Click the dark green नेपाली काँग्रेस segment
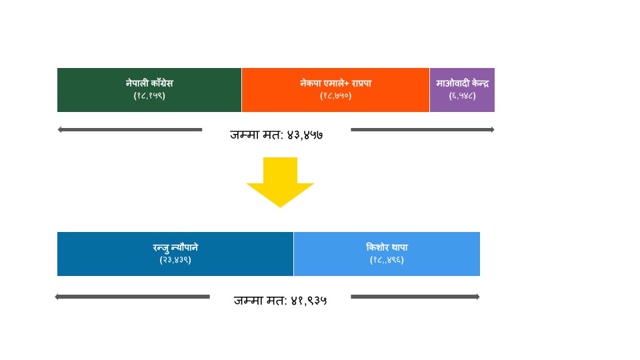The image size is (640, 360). pyautogui.click(x=149, y=90)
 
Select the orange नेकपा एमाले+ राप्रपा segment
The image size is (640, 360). pyautogui.click(x=335, y=90)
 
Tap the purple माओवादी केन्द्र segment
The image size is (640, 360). pyautogui.click(x=463, y=90)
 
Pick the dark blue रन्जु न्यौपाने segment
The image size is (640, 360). pyautogui.click(x=175, y=254)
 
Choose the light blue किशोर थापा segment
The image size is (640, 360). pyautogui.click(x=387, y=254)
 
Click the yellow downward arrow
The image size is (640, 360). pyautogui.click(x=280, y=182)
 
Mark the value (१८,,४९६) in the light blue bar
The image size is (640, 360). pyautogui.click(x=387, y=260)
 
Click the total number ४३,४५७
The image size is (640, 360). pyautogui.click(x=305, y=135)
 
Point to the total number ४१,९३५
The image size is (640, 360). pyautogui.click(x=309, y=301)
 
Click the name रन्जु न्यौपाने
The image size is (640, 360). pyautogui.click(x=175, y=247)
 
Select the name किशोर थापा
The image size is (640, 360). pyautogui.click(x=387, y=247)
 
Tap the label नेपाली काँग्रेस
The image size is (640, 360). pyautogui.click(x=149, y=83)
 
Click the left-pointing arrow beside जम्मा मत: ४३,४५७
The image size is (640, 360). pyautogui.click(x=130, y=130)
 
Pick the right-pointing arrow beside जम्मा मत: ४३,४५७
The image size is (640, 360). pyautogui.click(x=423, y=130)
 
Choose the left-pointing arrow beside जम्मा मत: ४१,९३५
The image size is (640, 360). pyautogui.click(x=132, y=297)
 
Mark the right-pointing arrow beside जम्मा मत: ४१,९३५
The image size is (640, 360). pyautogui.click(x=415, y=297)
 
